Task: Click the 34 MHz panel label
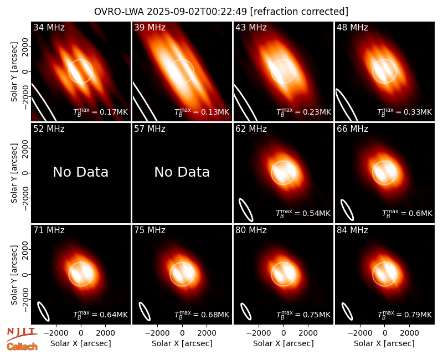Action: [x=49, y=27]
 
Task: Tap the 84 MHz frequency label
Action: [x=352, y=230]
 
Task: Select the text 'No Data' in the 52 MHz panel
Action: [x=81, y=172]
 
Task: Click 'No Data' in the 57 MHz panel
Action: [x=182, y=172]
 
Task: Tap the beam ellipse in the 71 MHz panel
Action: [x=44, y=311]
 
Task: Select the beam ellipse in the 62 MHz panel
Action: [x=246, y=210]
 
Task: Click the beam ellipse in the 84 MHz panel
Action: [x=347, y=311]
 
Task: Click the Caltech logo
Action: [x=22, y=347]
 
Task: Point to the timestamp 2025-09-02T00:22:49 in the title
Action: [x=197, y=12]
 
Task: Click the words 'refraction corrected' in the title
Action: [x=300, y=12]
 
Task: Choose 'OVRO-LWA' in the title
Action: [x=119, y=12]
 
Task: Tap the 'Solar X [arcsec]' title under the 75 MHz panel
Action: [x=182, y=343]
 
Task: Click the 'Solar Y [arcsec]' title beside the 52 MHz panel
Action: [x=14, y=173]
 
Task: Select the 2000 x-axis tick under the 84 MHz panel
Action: [x=409, y=333]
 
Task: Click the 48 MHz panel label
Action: [x=352, y=27]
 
